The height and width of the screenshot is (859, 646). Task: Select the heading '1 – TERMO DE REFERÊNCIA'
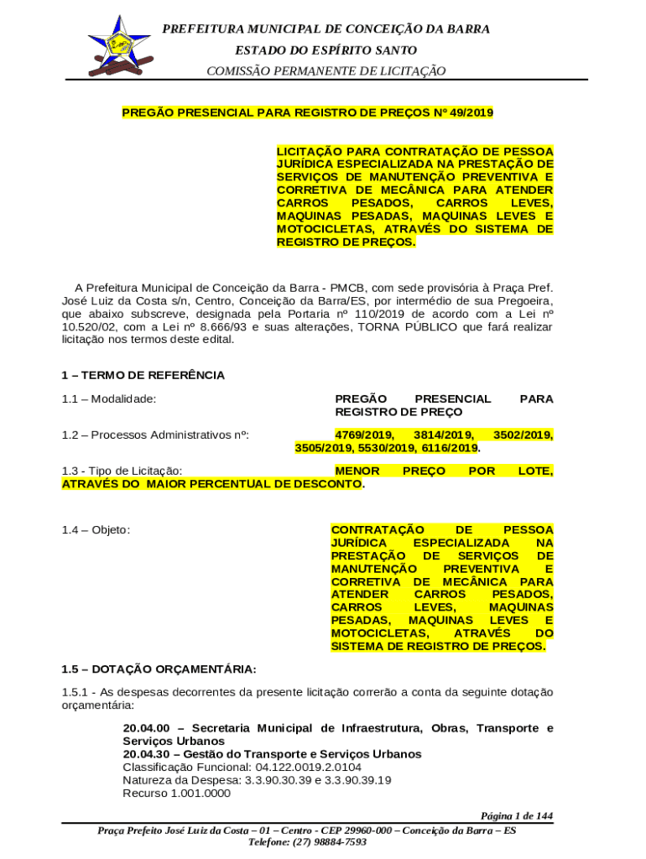click(x=143, y=375)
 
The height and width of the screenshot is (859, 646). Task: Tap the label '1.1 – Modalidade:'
click(x=109, y=398)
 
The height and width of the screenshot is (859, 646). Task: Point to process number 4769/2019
click(x=364, y=435)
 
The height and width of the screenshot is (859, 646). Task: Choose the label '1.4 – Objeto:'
click(x=96, y=530)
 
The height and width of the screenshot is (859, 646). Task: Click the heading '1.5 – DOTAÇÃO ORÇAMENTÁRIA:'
click(x=159, y=669)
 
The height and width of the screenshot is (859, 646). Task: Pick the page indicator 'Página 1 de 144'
click(x=516, y=815)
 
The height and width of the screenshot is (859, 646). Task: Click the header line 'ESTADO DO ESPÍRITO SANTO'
click(x=326, y=50)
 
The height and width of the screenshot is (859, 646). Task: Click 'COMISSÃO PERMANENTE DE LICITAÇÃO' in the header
click(x=326, y=71)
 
